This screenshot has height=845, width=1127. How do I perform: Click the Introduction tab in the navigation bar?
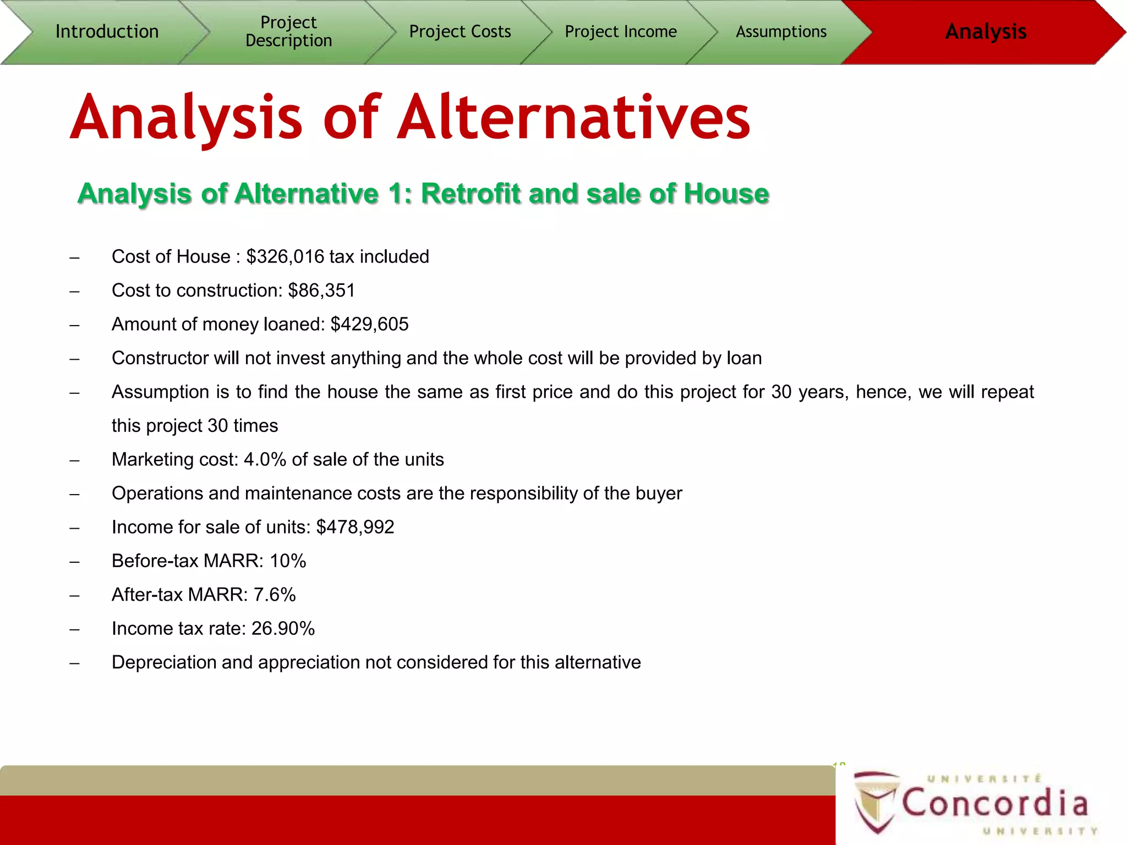107,31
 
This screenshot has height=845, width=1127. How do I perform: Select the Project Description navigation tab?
288,31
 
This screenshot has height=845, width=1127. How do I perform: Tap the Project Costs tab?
460,31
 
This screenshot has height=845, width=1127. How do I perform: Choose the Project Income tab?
621,31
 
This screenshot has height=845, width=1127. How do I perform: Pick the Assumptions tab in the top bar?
781,31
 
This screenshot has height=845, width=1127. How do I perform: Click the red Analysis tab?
985,31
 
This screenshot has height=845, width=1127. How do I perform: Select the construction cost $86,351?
321,290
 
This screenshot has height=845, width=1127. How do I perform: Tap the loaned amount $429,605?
369,325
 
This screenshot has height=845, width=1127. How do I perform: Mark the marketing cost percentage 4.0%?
265,459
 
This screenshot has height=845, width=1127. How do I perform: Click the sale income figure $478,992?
355,527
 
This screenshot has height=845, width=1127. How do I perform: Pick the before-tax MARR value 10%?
288,561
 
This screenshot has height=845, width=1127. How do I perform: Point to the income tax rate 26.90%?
283,629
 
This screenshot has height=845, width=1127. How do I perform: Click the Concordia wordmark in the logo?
995,803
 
